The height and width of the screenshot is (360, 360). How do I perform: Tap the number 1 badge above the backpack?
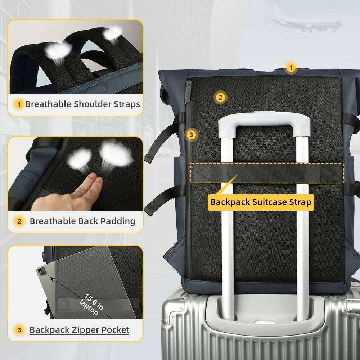tap(291, 68)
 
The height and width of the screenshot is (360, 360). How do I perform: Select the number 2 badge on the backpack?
tap(220, 97)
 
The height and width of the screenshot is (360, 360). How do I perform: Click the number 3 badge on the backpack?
tap(192, 135)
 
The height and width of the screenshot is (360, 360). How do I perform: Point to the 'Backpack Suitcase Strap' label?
tap(261, 202)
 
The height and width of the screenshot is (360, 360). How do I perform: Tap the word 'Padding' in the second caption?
tap(118, 221)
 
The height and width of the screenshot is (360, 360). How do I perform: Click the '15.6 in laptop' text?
tap(91, 304)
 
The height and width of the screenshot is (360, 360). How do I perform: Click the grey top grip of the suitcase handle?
tap(264, 122)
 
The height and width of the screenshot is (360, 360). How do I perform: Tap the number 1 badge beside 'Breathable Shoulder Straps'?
tap(19, 104)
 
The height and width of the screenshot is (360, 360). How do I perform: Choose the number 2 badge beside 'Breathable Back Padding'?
tap(19, 221)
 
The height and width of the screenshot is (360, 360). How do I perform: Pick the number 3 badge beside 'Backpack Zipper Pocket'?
tap(19, 330)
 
